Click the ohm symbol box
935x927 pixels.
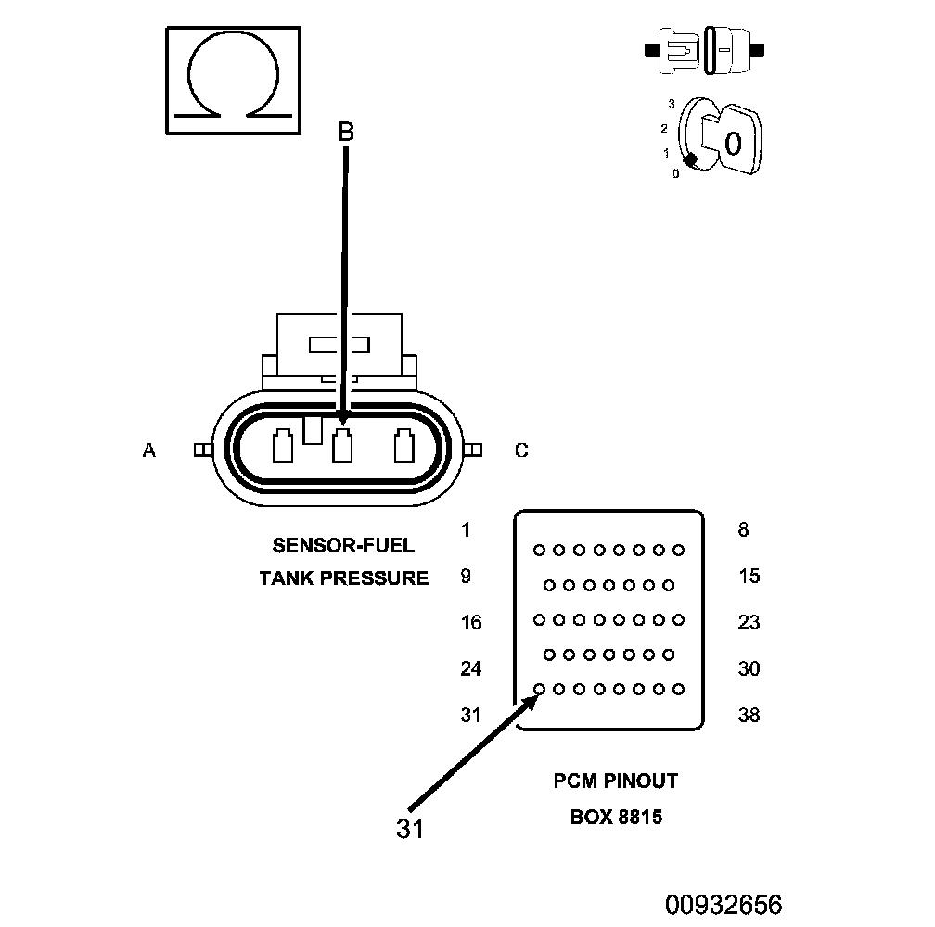tap(234, 83)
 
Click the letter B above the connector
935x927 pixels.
tap(346, 133)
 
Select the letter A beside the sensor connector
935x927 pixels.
tap(148, 451)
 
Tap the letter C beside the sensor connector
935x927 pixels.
tap(521, 451)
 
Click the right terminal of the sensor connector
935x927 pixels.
tap(403, 446)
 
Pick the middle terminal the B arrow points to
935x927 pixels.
tap(342, 446)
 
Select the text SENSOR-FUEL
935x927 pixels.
tap(343, 545)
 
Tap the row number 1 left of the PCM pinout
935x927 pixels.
tap(466, 530)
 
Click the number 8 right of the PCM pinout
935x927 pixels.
tap(743, 530)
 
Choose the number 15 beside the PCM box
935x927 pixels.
tap(749, 577)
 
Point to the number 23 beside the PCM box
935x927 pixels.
tap(749, 623)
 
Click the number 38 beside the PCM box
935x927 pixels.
tap(749, 716)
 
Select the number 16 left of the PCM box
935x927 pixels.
tap(471, 623)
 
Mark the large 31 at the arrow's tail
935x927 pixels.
tap(409, 828)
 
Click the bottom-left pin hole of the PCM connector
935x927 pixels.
tap(539, 689)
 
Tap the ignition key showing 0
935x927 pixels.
tap(730, 141)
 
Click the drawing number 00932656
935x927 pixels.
tap(723, 904)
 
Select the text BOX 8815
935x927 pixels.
tap(616, 819)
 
